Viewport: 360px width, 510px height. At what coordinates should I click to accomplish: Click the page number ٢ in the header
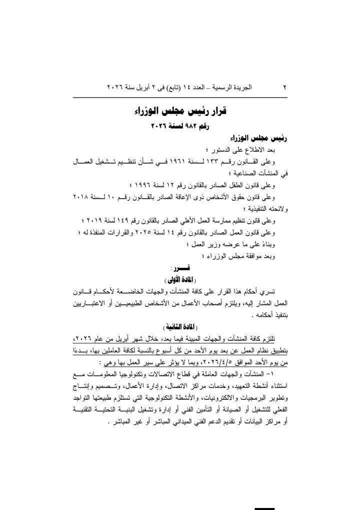284,87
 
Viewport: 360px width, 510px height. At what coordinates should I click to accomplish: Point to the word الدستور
222,149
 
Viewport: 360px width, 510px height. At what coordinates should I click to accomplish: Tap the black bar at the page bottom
265,508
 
